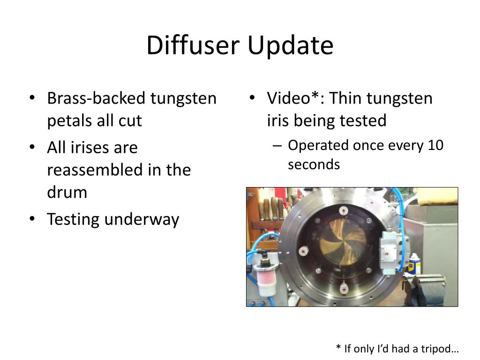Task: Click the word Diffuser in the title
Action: pos(193,46)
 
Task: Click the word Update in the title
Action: pos(290,46)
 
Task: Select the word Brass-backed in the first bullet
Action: pos(96,99)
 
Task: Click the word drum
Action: pos(67,192)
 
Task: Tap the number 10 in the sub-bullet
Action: pos(435,145)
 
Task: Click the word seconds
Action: pos(314,165)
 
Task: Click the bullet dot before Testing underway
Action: pos(32,219)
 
